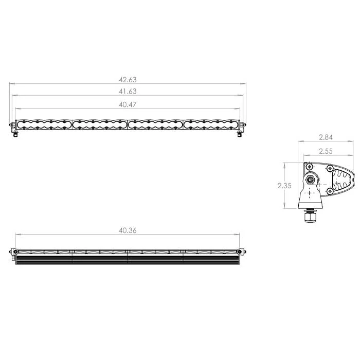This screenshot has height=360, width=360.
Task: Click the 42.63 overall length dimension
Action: click(128, 80)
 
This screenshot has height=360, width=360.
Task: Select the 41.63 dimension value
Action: click(128, 92)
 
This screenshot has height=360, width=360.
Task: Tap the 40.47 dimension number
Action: click(128, 105)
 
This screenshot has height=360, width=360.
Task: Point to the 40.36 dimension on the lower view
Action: click(128, 230)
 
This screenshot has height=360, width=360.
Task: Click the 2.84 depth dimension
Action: click(326, 137)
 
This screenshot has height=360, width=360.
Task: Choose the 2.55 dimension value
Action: click(326, 151)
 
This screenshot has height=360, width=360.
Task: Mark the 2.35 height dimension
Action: click(284, 186)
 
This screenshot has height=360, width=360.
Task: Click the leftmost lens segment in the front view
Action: click(44, 125)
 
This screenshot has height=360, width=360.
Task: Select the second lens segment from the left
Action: click(100, 125)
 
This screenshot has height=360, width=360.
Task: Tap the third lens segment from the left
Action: click(155, 125)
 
